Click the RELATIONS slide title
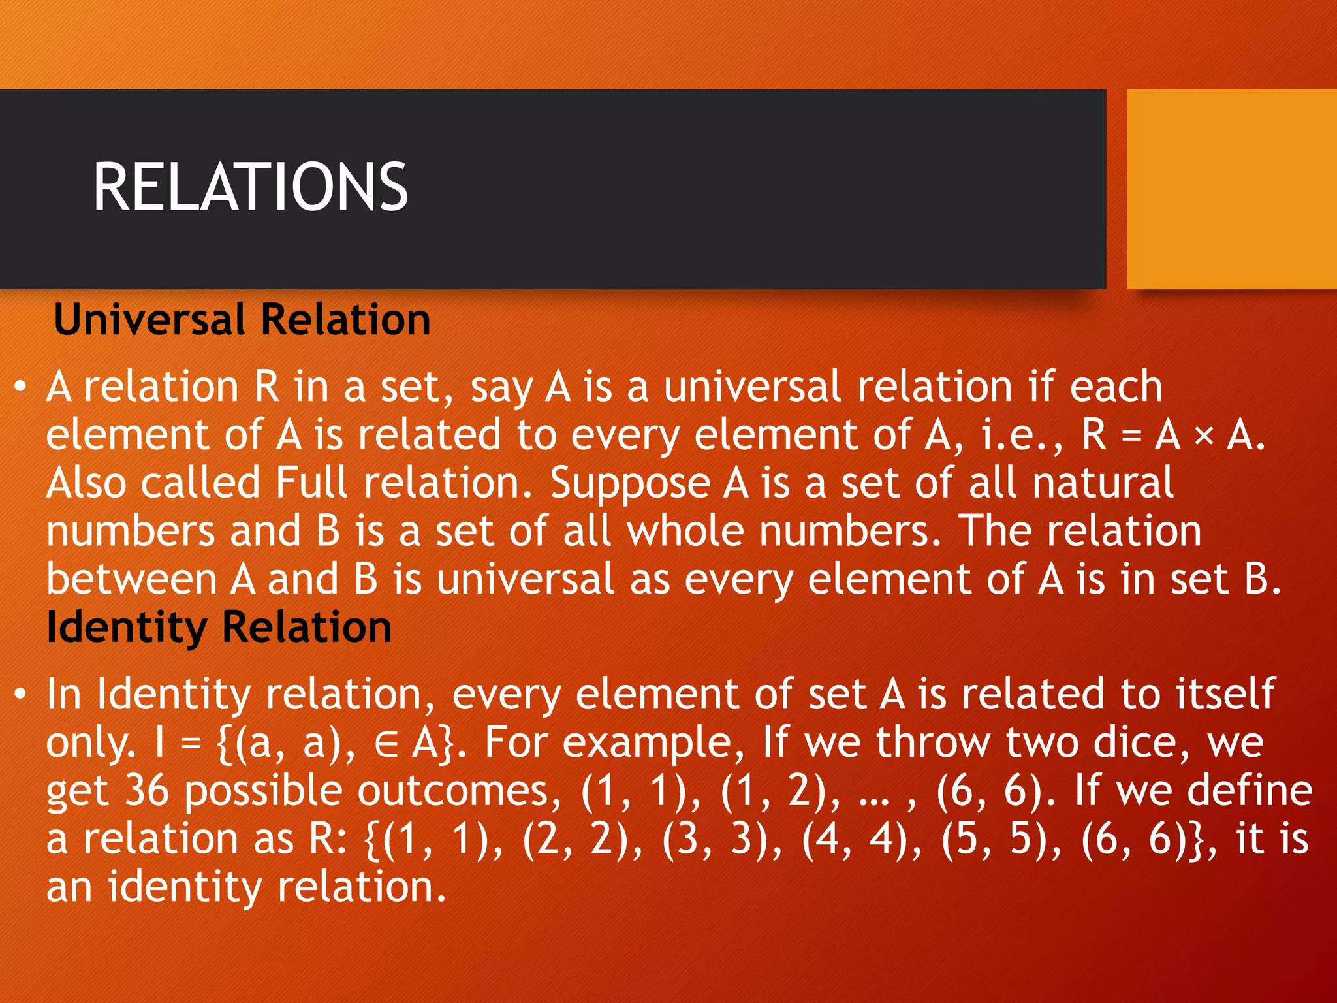tap(250, 187)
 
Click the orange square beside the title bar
tap(1231, 189)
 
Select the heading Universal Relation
tap(242, 319)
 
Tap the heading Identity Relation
tap(219, 627)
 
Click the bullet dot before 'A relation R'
tap(21, 387)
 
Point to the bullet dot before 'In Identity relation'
tap(21, 694)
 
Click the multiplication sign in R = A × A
tap(1203, 436)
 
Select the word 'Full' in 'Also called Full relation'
tap(311, 483)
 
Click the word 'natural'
tap(1103, 483)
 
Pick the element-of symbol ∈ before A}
tap(386, 744)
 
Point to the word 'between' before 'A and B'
tap(131, 579)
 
